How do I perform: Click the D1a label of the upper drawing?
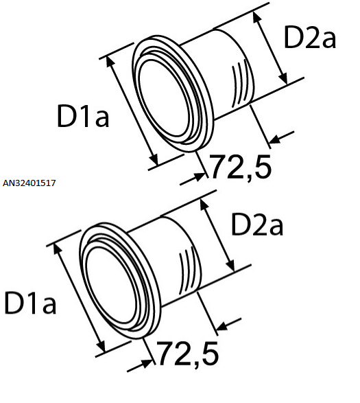[83, 115]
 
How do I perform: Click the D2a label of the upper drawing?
[310, 38]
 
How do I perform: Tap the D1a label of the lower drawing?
[30, 303]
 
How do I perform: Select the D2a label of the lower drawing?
[257, 224]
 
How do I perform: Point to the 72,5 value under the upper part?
[241, 167]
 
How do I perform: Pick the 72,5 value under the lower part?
[188, 354]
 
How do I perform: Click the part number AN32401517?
[29, 183]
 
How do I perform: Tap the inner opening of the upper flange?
[164, 98]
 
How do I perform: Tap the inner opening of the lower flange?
[111, 285]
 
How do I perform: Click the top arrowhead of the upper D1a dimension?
[110, 61]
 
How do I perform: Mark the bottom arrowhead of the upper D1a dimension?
[154, 159]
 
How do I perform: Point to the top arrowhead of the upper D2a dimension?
[256, 16]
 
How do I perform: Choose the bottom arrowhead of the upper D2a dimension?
[283, 78]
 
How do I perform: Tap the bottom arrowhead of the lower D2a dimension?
[230, 266]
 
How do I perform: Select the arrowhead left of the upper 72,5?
[200, 177]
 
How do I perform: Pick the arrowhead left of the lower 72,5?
[147, 364]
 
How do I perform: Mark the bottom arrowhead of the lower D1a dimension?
[101, 347]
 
